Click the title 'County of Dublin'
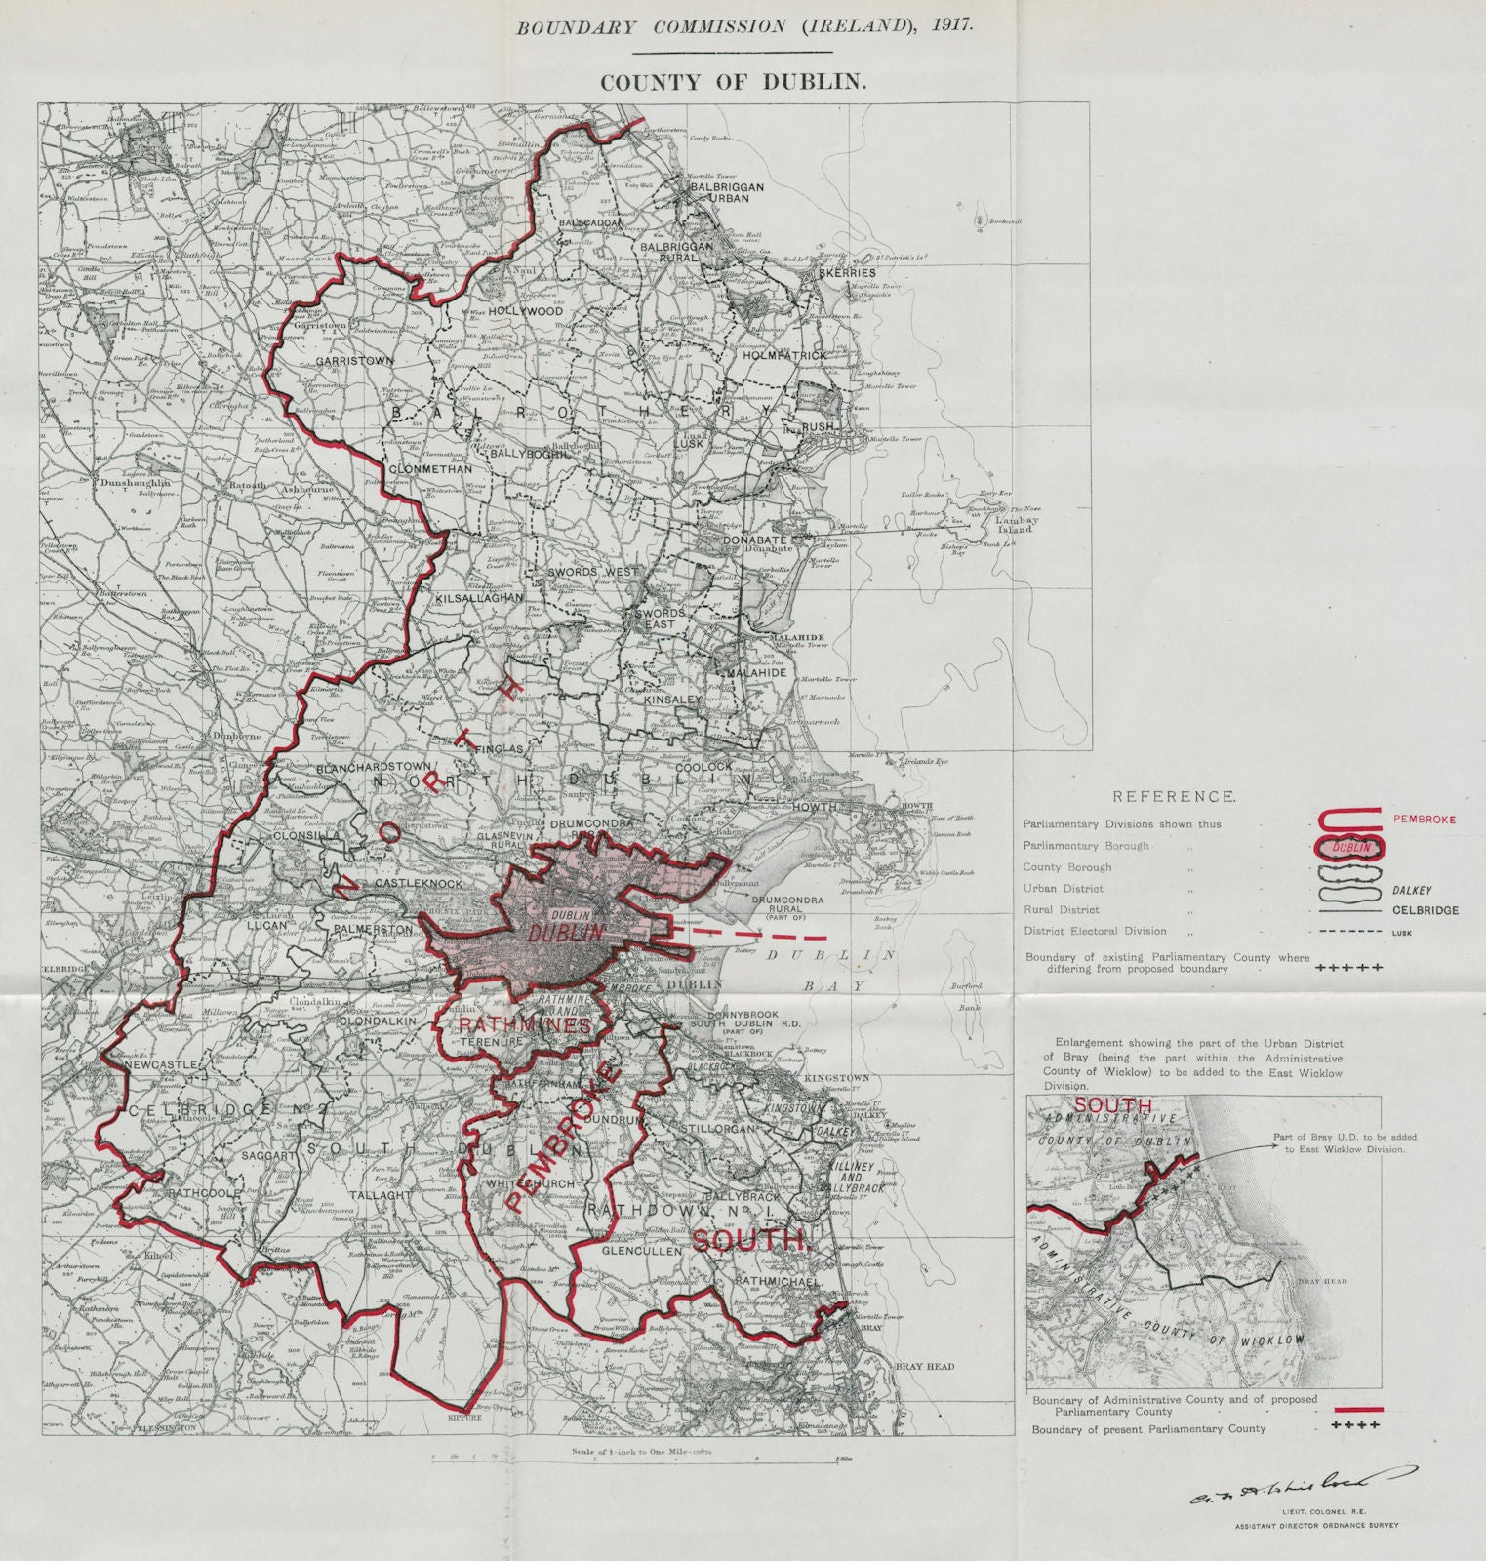coord(733,82)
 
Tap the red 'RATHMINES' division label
coord(525,1025)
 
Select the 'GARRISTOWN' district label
coord(354,361)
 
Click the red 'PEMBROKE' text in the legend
coord(1424,820)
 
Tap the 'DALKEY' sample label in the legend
coord(1412,890)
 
